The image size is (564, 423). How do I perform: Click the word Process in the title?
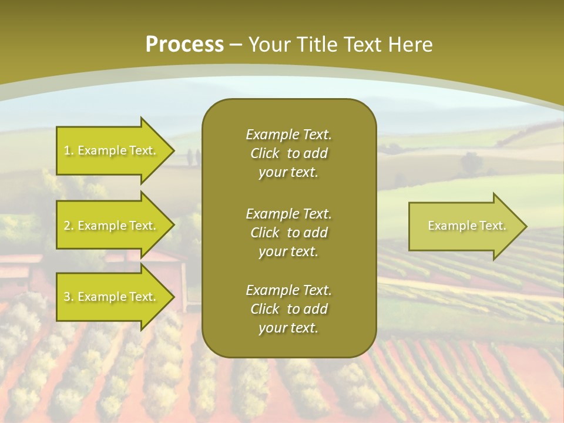(184, 45)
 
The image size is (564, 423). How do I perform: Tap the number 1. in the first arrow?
(69, 150)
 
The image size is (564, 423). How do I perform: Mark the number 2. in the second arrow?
(69, 226)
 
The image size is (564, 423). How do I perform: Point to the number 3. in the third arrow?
(69, 297)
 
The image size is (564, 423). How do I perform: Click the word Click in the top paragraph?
(265, 153)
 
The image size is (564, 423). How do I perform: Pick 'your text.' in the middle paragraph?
(288, 251)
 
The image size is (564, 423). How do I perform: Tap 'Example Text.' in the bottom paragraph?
(288, 290)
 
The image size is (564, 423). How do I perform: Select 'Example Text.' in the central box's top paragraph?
(288, 135)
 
